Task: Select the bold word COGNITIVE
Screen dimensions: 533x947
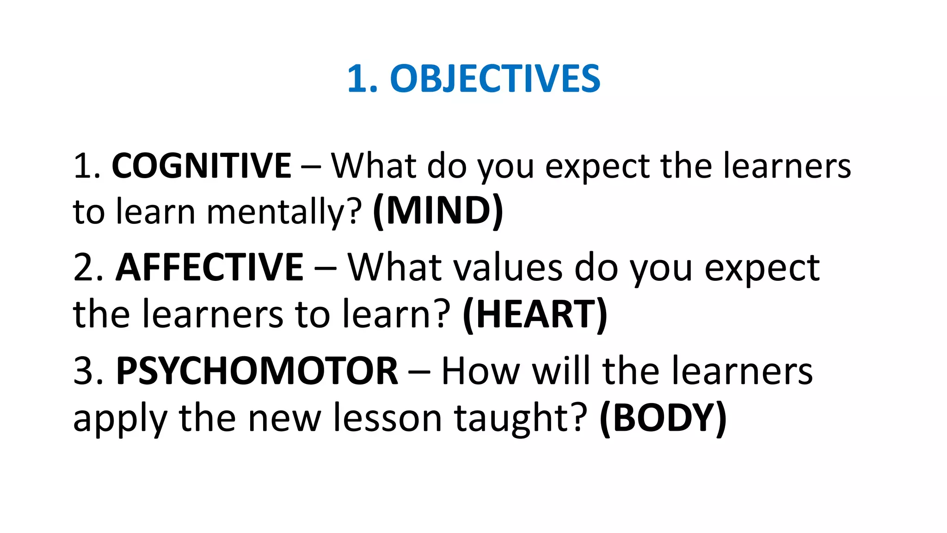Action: pyautogui.click(x=201, y=166)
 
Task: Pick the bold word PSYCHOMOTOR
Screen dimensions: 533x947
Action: pyautogui.click(x=257, y=371)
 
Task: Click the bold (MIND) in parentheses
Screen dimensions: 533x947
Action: pyautogui.click(x=437, y=211)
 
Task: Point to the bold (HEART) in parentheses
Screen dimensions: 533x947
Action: pyautogui.click(x=535, y=315)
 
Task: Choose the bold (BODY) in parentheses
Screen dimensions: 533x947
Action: pyautogui.click(x=663, y=418)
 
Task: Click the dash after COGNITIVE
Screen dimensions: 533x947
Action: pyautogui.click(x=310, y=167)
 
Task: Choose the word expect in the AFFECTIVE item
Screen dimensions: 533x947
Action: pyautogui.click(x=762, y=268)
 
